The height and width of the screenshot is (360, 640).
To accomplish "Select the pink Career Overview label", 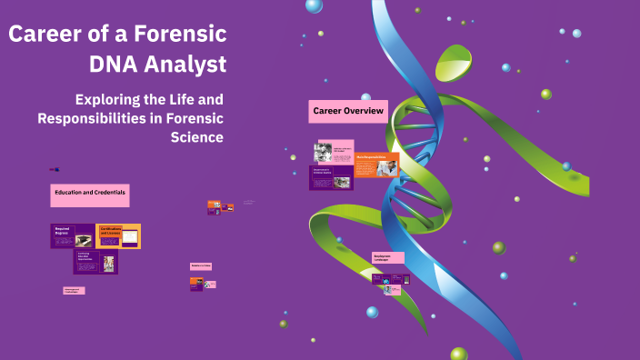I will click(348, 111).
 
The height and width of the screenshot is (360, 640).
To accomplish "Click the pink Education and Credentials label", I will click(89, 195).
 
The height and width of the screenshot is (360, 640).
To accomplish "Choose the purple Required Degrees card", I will click(72, 235).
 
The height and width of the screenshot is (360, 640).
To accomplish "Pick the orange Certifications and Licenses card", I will click(118, 235).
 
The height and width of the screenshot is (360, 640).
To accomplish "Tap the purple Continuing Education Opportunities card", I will click(95, 262).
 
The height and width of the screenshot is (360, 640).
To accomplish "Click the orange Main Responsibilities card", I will click(376, 164).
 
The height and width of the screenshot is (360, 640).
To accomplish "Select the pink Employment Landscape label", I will click(387, 258).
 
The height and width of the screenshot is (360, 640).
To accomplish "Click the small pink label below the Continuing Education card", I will click(74, 291).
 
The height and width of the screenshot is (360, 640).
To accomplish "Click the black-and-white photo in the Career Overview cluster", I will click(323, 152).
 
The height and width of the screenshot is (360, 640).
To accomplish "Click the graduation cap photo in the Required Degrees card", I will click(83, 240).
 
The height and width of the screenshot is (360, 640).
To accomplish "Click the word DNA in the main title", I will click(116, 65).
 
